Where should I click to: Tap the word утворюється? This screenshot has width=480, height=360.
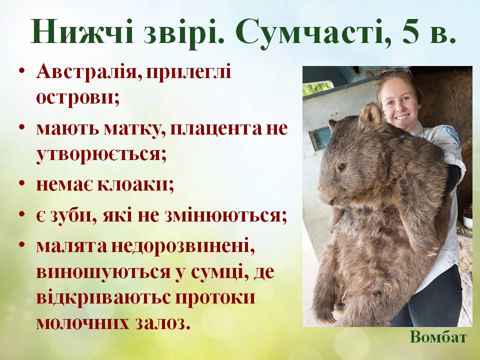coord(100,152)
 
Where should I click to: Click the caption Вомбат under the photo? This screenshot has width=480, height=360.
coord(438,337)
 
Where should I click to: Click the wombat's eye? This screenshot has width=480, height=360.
coord(342,166)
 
